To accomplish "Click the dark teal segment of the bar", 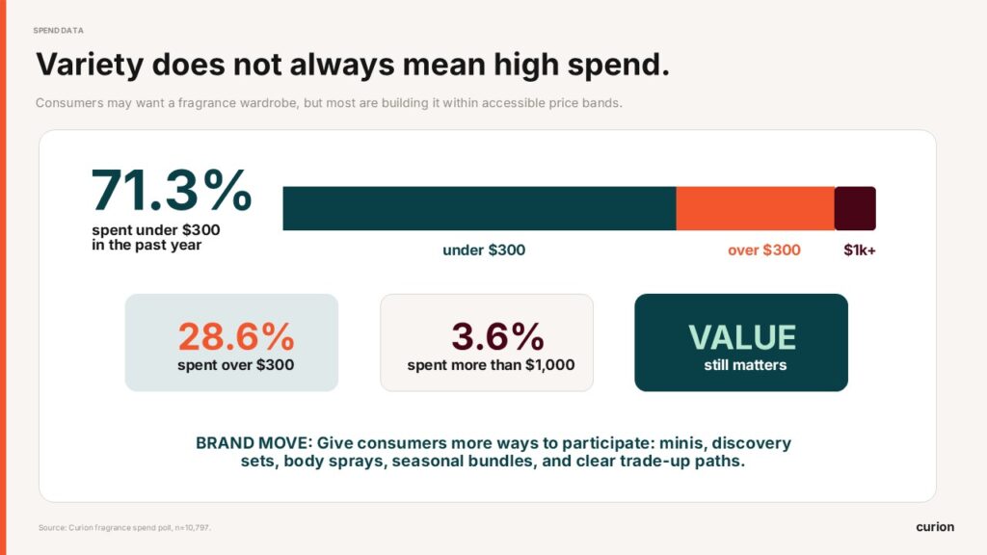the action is pyautogui.click(x=480, y=208).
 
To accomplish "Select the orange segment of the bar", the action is pyautogui.click(x=756, y=208).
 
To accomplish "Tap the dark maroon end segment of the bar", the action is pyautogui.click(x=855, y=208).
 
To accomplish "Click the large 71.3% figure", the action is pyautogui.click(x=172, y=190).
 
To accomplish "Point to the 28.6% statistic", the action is pyautogui.click(x=236, y=336).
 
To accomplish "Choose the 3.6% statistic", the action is pyautogui.click(x=497, y=336).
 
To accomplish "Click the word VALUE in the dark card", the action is pyautogui.click(x=742, y=337).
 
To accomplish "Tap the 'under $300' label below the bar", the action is pyautogui.click(x=484, y=251).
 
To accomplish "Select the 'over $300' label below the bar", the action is pyautogui.click(x=764, y=251).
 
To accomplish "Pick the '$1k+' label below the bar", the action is pyautogui.click(x=860, y=251).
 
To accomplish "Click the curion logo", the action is pyautogui.click(x=935, y=527).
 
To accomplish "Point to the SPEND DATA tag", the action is pyautogui.click(x=58, y=30).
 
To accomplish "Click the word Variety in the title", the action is pyautogui.click(x=90, y=66).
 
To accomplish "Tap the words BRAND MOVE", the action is pyautogui.click(x=253, y=443).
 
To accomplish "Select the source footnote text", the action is pyautogui.click(x=124, y=527).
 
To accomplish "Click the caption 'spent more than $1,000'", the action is pyautogui.click(x=491, y=365).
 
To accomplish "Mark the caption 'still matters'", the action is pyautogui.click(x=745, y=365).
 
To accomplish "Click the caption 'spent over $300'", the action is pyautogui.click(x=235, y=365).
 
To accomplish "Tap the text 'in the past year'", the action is pyautogui.click(x=147, y=245).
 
